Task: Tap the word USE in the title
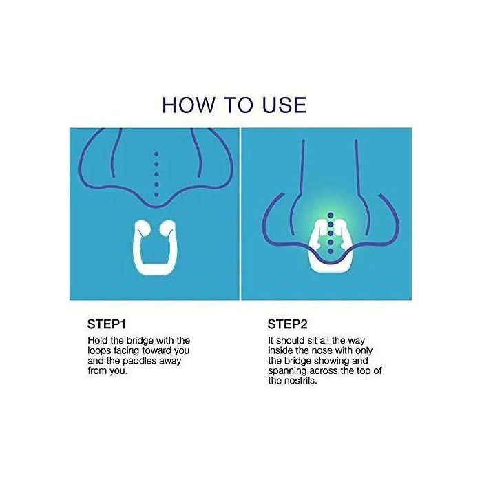[x=284, y=105]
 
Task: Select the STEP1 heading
[x=106, y=324]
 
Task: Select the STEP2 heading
[x=287, y=324]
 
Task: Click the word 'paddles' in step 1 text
[x=140, y=361]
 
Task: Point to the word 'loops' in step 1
[x=99, y=350]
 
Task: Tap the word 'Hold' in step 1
[x=96, y=340]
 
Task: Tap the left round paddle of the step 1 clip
[x=142, y=228]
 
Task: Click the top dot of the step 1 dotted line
[x=156, y=154]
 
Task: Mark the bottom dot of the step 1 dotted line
[x=156, y=195]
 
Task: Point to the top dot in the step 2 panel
[x=331, y=215]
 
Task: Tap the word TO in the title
[x=239, y=105]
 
